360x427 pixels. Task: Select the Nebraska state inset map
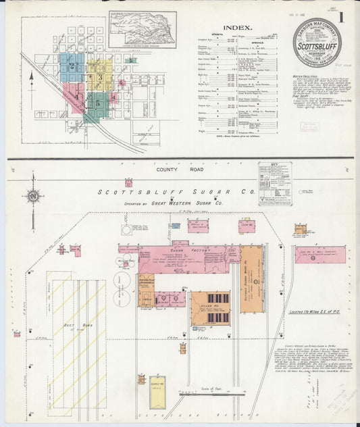pos(142,29)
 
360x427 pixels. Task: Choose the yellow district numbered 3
pos(100,77)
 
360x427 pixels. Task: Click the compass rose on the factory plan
pos(32,197)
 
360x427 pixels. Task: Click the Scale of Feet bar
pos(211,394)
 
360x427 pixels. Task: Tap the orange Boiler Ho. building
pos(209,308)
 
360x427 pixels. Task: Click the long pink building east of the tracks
pos(320,255)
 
